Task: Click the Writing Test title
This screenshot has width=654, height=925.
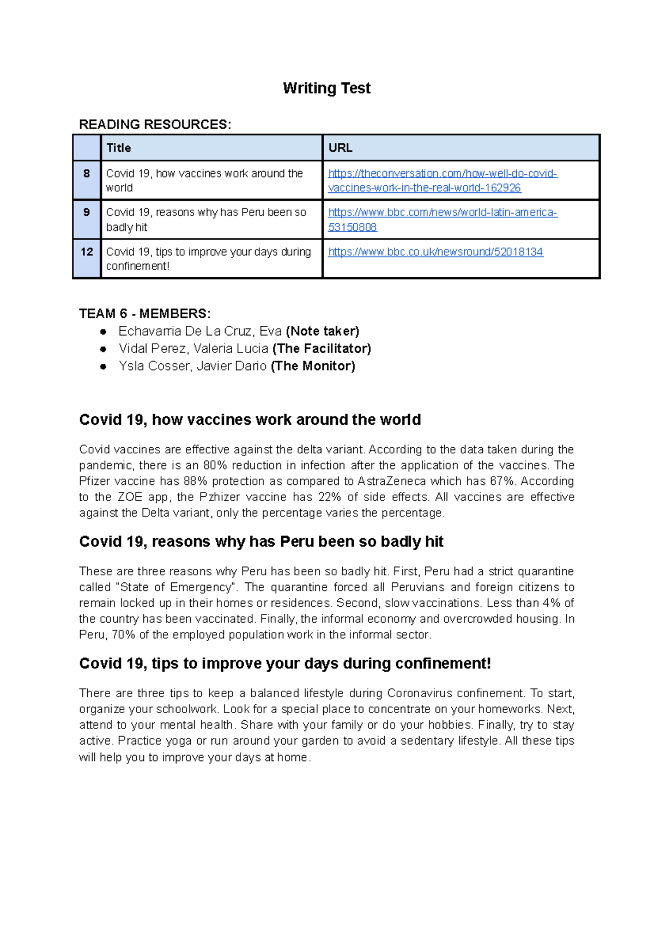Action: click(326, 88)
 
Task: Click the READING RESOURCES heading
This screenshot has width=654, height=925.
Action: click(155, 125)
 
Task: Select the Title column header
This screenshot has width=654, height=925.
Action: click(119, 148)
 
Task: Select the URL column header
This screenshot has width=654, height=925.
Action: click(340, 148)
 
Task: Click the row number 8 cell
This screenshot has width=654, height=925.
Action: click(87, 174)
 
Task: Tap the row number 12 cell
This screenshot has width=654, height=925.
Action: click(87, 252)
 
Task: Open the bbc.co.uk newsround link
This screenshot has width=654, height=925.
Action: click(435, 252)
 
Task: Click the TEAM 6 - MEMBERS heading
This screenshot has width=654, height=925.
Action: click(144, 314)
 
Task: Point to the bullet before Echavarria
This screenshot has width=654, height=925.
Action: click(103, 332)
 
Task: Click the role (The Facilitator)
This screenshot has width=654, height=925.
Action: click(322, 349)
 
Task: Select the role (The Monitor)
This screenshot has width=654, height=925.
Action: click(313, 366)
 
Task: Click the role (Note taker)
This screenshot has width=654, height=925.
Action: click(322, 331)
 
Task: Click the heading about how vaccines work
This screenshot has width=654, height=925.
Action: click(250, 420)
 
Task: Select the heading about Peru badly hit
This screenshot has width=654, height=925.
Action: click(261, 542)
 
